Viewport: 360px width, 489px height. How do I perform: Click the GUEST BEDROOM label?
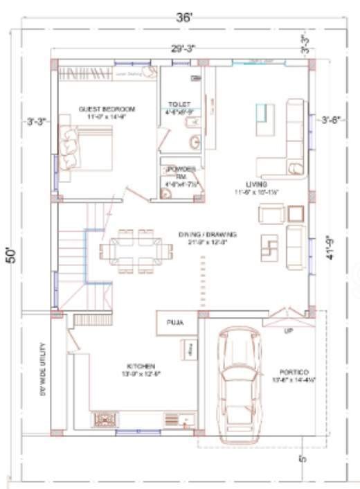pyautogui.click(x=107, y=109)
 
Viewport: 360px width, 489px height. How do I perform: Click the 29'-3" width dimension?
pyautogui.click(x=183, y=48)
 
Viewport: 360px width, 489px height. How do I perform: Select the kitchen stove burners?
pyautogui.click(x=105, y=420)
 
